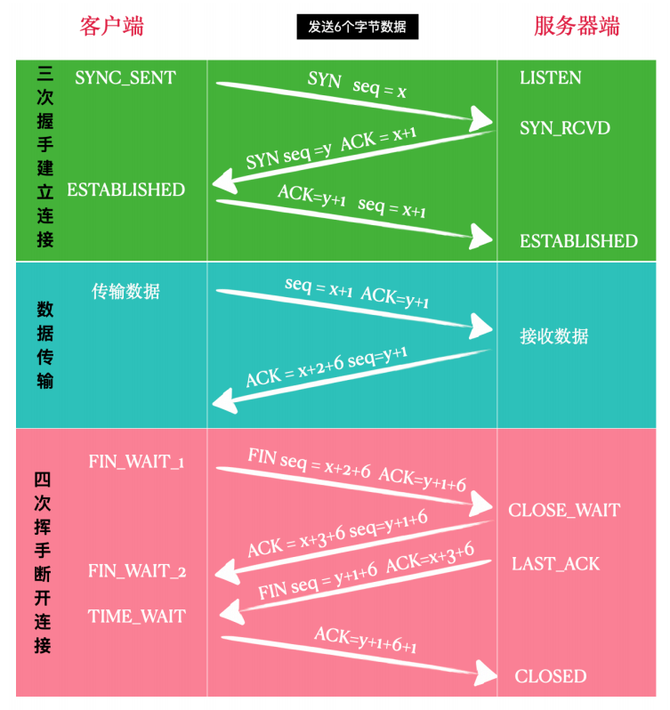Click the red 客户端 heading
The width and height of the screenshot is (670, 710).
[x=112, y=26]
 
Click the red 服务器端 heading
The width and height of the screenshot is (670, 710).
[x=577, y=26]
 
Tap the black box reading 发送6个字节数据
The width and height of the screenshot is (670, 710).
[x=357, y=27]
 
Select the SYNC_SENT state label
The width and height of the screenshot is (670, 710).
[x=125, y=78]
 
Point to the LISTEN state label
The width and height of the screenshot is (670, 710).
[x=550, y=78]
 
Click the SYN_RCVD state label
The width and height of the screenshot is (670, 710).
[x=564, y=128]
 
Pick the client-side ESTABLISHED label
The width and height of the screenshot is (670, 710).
[x=125, y=190]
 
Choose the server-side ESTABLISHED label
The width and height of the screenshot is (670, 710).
[x=578, y=241]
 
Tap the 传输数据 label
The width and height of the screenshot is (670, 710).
[x=125, y=291]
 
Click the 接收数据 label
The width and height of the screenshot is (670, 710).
[x=553, y=336]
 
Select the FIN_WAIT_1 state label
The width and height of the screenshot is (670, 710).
[x=136, y=462]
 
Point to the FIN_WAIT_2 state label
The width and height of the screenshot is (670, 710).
[x=137, y=571]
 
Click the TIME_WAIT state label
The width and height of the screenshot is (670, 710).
[x=137, y=617]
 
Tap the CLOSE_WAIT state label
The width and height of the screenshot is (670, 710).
[x=564, y=511]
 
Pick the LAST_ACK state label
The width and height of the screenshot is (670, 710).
[x=555, y=564]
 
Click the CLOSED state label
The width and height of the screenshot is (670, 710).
[x=551, y=676]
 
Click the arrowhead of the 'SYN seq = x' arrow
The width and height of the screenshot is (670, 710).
[x=480, y=119]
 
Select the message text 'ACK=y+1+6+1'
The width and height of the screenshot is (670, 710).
[x=366, y=640]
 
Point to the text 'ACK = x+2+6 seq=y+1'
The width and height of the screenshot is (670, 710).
[x=327, y=367]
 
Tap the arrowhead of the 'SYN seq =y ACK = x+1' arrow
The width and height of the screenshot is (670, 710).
[x=224, y=182]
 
